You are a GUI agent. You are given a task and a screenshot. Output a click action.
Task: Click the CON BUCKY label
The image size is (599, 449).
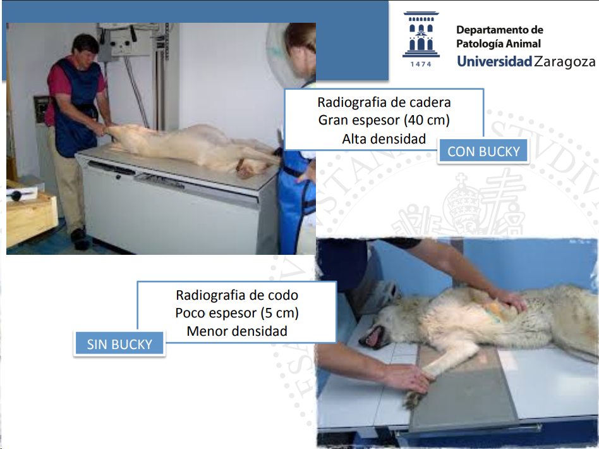483,151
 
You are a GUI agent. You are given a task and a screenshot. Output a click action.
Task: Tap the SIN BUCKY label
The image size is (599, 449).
119,344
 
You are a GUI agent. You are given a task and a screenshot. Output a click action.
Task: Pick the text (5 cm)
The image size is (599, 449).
280,313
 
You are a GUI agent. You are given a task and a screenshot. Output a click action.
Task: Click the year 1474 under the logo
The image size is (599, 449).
421,65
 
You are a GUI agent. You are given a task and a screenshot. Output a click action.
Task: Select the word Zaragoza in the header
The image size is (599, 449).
565,61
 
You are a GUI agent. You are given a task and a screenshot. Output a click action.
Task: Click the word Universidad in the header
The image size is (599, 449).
494,61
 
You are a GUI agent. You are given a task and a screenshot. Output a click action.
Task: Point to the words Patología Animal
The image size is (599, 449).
499,44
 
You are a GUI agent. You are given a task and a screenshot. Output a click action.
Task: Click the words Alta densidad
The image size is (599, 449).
384,139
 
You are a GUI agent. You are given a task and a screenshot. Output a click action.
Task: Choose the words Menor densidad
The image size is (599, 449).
237,331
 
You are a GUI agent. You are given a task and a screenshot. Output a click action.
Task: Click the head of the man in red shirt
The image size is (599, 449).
85,47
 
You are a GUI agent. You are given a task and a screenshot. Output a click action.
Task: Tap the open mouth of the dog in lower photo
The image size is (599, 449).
372,337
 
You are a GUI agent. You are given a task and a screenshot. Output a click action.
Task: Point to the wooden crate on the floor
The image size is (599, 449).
30,216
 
